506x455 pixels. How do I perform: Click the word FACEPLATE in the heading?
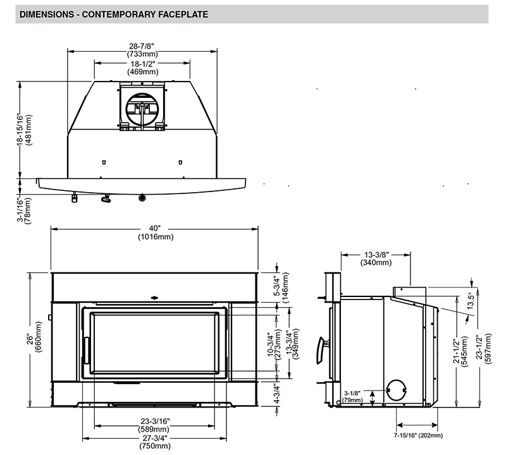(183, 15)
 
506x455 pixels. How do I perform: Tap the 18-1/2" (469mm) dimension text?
(143, 68)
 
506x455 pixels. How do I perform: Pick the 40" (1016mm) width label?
(156, 233)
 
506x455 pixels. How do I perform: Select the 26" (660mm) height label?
(34, 337)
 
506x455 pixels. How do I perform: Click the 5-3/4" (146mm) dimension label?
(281, 288)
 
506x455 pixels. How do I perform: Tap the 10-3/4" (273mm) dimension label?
(275, 343)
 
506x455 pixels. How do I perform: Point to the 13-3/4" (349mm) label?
(294, 343)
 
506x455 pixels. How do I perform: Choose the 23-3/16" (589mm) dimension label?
(154, 425)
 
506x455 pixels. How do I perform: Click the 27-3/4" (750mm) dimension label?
(155, 442)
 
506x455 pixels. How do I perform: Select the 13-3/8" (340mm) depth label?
(376, 258)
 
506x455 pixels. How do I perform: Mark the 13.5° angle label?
(470, 300)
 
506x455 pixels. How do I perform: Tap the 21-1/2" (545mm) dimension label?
(460, 352)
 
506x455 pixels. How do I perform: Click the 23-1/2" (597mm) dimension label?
(483, 349)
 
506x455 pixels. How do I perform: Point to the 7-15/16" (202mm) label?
(418, 435)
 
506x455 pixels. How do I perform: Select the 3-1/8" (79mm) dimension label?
(352, 397)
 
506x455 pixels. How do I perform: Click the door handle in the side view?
(321, 351)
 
